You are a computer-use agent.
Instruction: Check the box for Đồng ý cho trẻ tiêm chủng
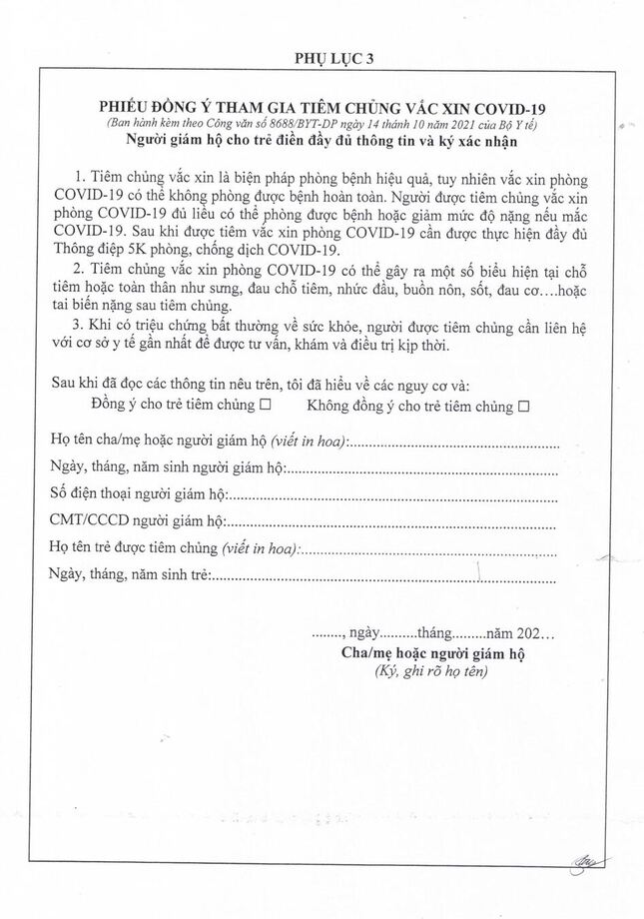266,407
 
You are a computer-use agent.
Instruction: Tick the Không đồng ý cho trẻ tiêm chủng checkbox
522,407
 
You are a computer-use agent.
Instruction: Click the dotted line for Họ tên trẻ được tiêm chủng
429,547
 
